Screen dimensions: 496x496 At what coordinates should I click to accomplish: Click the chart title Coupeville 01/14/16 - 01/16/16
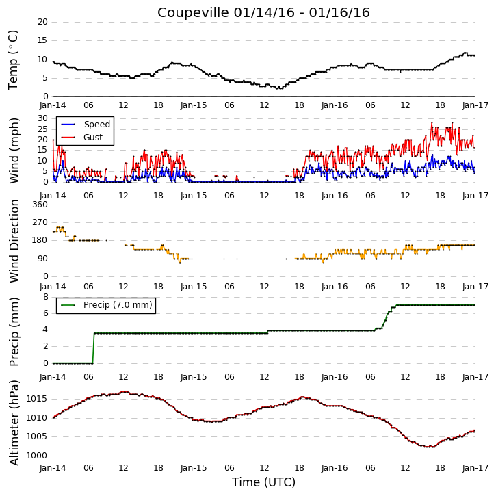[x=263, y=12]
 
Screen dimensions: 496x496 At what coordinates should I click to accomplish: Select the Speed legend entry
[x=86, y=124]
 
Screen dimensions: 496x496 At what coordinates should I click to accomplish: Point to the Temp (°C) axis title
[x=12, y=60]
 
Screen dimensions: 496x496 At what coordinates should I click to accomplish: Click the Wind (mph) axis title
[x=14, y=151]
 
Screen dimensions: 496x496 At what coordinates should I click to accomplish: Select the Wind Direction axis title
[x=14, y=241]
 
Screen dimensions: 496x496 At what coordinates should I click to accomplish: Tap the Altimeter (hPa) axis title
[x=14, y=423]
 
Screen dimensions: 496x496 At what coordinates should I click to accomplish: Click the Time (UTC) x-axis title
[x=263, y=482]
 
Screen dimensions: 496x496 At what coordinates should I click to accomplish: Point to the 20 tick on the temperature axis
[x=42, y=22]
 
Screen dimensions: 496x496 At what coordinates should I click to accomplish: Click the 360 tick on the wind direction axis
[x=40, y=205]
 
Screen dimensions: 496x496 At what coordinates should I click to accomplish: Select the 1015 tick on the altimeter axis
[x=36, y=399]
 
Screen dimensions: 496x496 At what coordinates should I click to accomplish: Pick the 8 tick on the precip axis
[x=46, y=297]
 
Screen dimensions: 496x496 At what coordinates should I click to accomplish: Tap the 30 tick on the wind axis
[x=42, y=118]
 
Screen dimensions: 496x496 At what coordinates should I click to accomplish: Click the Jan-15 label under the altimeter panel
[x=194, y=468]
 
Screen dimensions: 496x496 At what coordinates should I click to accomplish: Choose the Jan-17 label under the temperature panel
[x=475, y=105]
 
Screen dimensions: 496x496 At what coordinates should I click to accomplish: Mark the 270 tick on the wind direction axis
[x=40, y=222]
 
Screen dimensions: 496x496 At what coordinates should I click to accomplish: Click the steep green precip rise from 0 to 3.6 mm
[x=93, y=348]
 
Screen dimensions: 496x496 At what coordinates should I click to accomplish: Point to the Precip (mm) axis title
[x=14, y=332]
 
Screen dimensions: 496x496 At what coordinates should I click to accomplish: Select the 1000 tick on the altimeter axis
[x=36, y=456]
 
